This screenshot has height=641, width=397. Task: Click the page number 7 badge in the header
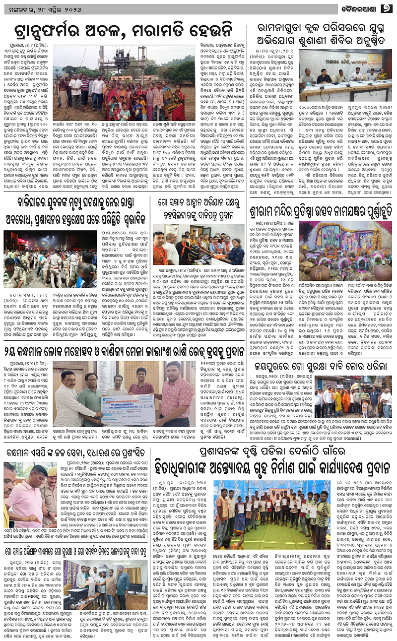coord(387,8)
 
